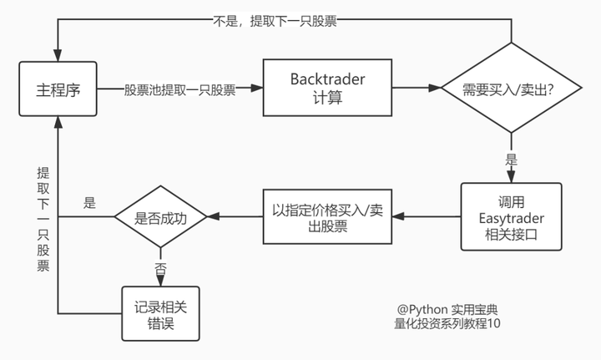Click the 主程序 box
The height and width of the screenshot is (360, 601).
(x=58, y=89)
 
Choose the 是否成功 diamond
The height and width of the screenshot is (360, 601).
(x=159, y=216)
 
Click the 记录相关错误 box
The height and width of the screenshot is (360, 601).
(x=160, y=314)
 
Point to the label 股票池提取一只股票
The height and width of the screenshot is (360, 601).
(x=179, y=89)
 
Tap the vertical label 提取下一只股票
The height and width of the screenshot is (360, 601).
(x=43, y=219)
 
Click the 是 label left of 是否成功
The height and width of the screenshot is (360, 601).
(x=90, y=202)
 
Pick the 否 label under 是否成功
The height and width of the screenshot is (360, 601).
(x=160, y=269)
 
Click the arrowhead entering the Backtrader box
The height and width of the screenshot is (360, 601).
(x=260, y=89)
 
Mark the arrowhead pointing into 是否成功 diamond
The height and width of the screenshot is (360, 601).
(x=213, y=216)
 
